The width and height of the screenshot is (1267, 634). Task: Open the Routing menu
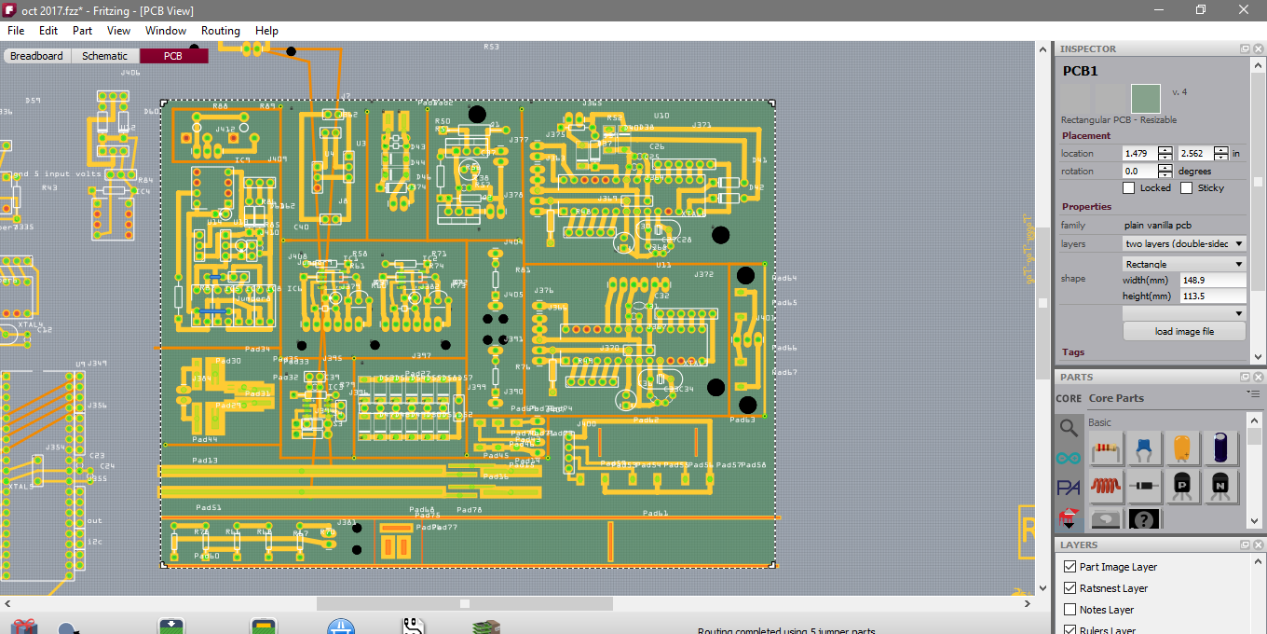click(x=220, y=31)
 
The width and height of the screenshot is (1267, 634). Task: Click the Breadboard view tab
click(x=36, y=56)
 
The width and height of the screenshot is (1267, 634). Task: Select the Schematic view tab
click(x=104, y=56)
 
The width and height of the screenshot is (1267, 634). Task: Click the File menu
click(x=16, y=31)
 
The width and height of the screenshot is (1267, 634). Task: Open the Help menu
click(x=266, y=31)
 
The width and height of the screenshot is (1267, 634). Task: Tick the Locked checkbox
click(x=1129, y=188)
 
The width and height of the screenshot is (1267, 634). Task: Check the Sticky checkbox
click(x=1186, y=188)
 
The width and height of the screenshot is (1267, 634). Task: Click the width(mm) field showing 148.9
click(x=1211, y=280)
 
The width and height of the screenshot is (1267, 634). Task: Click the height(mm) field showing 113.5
click(x=1211, y=296)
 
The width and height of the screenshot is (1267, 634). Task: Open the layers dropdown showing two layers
click(x=1184, y=243)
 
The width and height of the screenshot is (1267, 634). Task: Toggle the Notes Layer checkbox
click(x=1070, y=610)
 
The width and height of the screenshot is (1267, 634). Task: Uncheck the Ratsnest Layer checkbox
click(x=1070, y=588)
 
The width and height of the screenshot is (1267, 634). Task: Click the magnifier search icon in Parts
click(x=1069, y=428)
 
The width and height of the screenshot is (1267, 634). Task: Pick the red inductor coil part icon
click(x=1106, y=486)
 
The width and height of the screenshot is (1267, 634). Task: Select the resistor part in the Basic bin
click(x=1106, y=448)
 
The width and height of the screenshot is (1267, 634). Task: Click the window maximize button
click(x=1201, y=9)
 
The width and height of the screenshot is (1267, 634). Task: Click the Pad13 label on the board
click(x=205, y=461)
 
